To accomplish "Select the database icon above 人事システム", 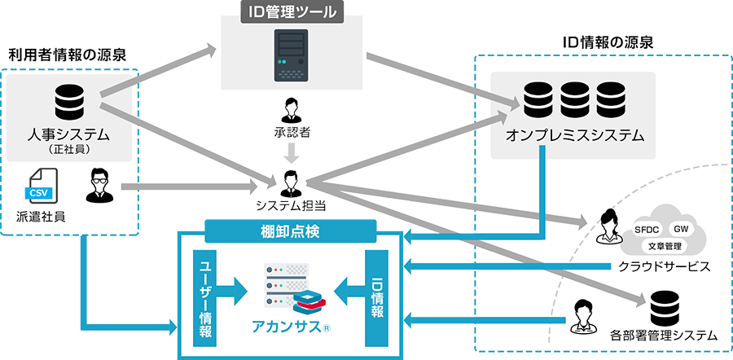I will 69,102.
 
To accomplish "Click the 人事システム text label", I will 68,134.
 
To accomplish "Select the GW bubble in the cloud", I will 682,230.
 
